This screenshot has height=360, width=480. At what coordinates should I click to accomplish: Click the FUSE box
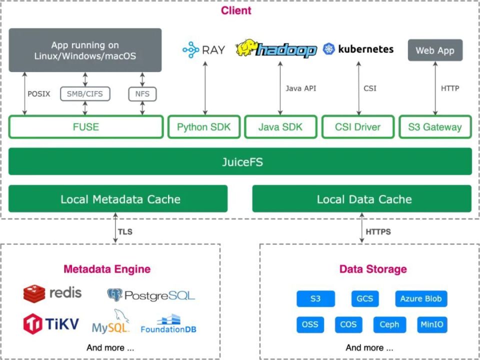point(86,126)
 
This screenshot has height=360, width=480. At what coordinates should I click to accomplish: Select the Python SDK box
point(204,126)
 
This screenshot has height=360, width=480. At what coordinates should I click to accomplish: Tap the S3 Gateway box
point(435,126)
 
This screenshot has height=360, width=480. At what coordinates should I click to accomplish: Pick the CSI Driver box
point(358,126)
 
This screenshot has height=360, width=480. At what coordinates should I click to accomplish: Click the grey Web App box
point(435,50)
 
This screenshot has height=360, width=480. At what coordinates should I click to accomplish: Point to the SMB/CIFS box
point(85,94)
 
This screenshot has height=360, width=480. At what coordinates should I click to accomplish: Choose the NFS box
point(142,94)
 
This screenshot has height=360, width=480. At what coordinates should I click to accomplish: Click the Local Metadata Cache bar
point(118,198)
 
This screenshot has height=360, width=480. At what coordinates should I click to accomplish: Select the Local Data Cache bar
point(362,198)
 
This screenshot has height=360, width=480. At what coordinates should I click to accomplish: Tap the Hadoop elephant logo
point(247,47)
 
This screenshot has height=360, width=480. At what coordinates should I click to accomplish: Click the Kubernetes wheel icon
point(329,49)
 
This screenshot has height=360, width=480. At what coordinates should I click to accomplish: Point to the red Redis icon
point(34,294)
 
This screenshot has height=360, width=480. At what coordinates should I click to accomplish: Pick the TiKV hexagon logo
point(33,324)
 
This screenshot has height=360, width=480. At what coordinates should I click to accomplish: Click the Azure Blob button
point(421,299)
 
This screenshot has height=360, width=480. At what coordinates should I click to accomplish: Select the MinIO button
point(432,325)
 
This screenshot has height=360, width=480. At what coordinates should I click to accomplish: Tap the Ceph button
point(389,325)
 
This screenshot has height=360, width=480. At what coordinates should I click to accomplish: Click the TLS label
point(125,231)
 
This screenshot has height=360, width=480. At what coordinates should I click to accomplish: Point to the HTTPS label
point(378,231)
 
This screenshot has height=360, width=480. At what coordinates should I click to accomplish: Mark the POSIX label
point(39,94)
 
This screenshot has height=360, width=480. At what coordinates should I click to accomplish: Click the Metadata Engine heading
point(107,269)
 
